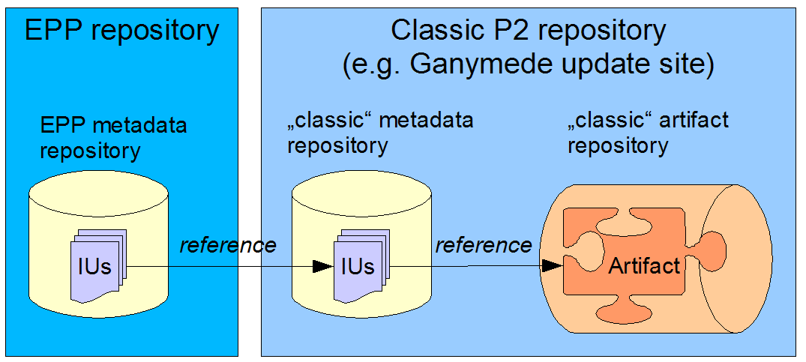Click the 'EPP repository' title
[121, 31]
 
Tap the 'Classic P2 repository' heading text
[528, 31]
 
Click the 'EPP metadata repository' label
[114, 138]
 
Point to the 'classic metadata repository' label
[380, 133]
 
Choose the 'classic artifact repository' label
[648, 133]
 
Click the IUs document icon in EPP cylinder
[98, 265]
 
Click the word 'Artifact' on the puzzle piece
[644, 266]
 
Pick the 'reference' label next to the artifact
[484, 245]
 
